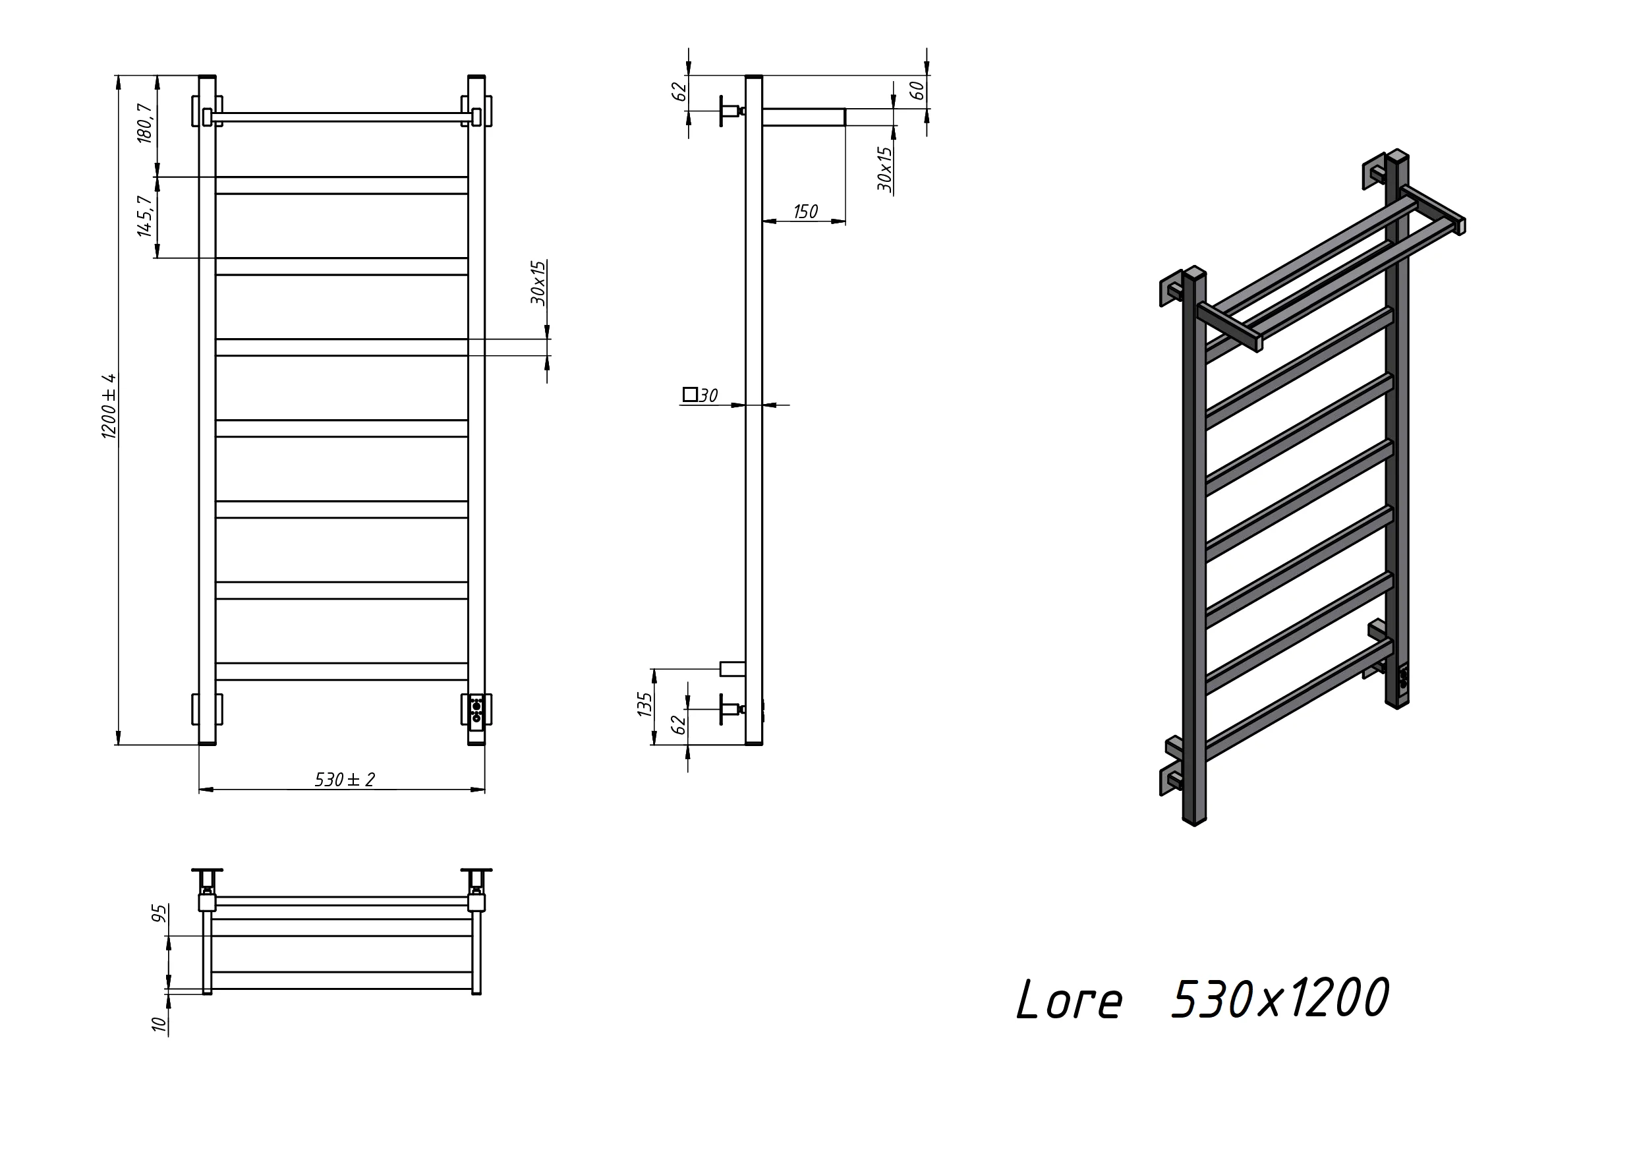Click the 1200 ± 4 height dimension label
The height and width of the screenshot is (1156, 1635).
tap(109, 405)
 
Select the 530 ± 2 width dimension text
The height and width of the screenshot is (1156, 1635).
tap(345, 779)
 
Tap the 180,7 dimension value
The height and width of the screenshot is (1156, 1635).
tap(144, 123)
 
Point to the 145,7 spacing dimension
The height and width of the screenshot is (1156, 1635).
tap(144, 217)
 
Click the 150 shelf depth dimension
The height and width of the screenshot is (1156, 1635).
tap(805, 212)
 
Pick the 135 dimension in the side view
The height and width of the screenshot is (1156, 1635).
tap(645, 705)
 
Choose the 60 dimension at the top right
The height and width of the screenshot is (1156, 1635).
tap(917, 90)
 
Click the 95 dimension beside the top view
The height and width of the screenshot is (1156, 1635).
tap(160, 913)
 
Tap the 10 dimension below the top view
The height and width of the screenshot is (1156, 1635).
tap(159, 1024)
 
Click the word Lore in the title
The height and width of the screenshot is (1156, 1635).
tap(1069, 1000)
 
